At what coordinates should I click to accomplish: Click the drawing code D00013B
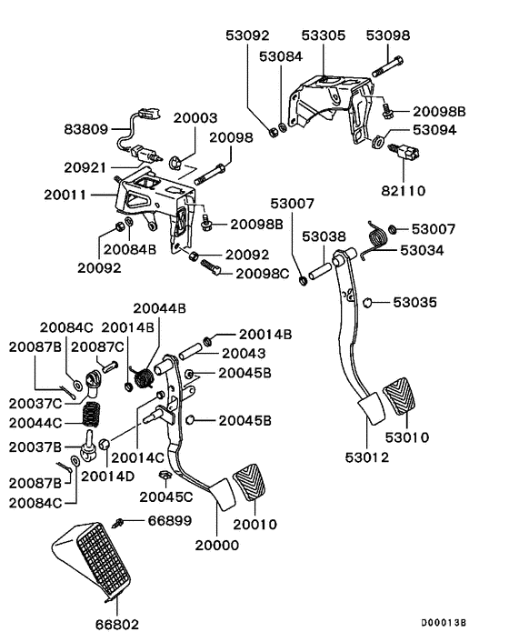tap(443, 624)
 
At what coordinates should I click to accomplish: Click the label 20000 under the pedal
tap(218, 545)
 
